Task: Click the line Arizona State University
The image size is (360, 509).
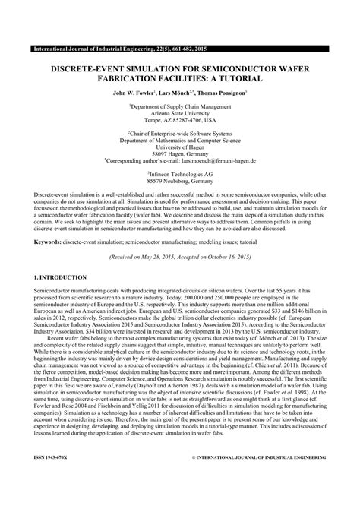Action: [x=180, y=115]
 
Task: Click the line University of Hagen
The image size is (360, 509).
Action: [x=180, y=148]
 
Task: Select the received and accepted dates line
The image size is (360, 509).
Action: [x=180, y=257]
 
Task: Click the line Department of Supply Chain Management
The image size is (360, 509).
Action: [x=180, y=108]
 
